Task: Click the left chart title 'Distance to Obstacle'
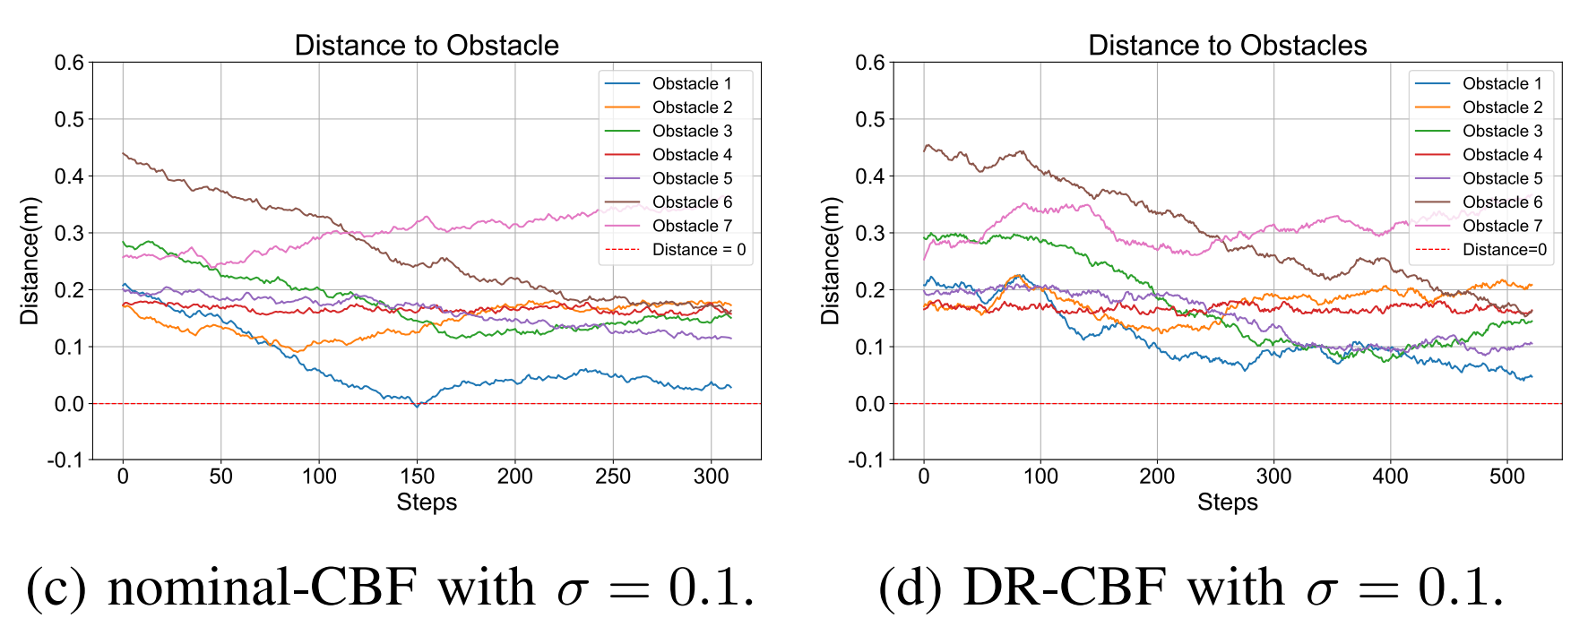(x=427, y=45)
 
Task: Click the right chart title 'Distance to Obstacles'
(x=1227, y=45)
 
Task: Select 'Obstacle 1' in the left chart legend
(x=691, y=83)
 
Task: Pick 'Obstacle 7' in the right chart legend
(x=1502, y=226)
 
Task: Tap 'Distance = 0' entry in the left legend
(x=698, y=250)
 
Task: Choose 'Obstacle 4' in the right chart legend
(x=1502, y=155)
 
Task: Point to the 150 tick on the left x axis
(x=417, y=477)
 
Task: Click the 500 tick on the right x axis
(x=1506, y=477)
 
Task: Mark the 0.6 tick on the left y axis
(x=69, y=63)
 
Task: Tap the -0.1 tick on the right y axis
(x=867, y=460)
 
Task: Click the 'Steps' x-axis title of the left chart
(x=427, y=502)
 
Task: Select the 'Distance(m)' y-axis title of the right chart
(x=831, y=261)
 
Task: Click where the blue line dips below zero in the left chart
(x=417, y=406)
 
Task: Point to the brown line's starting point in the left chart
(x=124, y=153)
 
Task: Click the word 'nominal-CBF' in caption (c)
(x=263, y=588)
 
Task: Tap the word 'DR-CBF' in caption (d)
(x=1064, y=588)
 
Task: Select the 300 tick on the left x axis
(x=711, y=477)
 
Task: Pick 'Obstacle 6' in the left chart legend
(x=691, y=202)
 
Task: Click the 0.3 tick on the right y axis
(x=870, y=233)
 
